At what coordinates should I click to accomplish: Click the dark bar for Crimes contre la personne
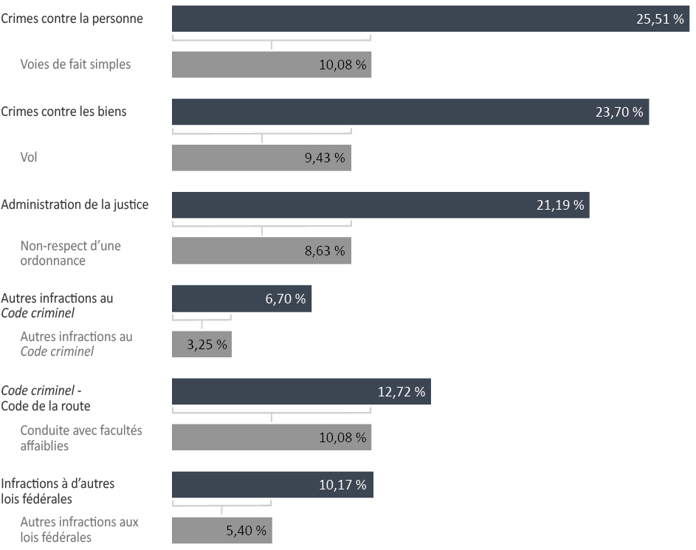tap(430, 18)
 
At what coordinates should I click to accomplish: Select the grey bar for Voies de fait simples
tap(272, 65)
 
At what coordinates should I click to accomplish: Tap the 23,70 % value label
tap(619, 112)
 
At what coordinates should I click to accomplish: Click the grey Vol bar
tap(261, 157)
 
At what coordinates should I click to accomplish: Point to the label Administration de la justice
tap(75, 204)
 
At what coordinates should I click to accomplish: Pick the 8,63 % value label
tap(325, 251)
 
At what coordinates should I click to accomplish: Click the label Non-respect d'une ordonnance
tap(71, 253)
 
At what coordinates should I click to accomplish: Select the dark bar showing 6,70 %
tap(242, 299)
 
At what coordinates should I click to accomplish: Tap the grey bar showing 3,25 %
tap(202, 345)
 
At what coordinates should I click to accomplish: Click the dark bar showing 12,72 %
tap(301, 391)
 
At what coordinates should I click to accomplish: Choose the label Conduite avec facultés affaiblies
tap(81, 438)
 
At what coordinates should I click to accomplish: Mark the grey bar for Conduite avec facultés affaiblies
tap(272, 437)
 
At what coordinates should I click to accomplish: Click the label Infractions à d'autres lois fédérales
tap(58, 491)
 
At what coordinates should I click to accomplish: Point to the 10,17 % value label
tap(342, 485)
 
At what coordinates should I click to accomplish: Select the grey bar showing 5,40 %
tap(222, 531)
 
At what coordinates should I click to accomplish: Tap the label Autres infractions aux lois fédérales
tap(80, 529)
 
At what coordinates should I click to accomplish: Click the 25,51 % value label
tap(660, 18)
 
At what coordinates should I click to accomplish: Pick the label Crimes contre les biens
tap(63, 111)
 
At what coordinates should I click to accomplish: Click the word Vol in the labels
tap(28, 157)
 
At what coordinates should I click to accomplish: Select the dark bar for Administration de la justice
tap(381, 205)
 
